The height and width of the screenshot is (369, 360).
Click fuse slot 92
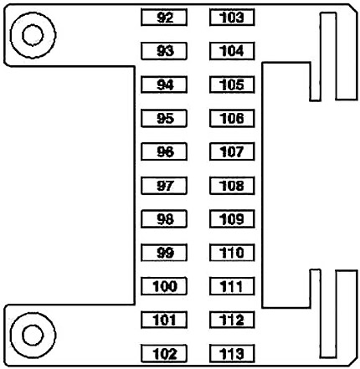coord(164,18)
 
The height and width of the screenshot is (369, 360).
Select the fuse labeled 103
coord(232,18)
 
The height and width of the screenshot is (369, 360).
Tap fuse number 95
coord(164,118)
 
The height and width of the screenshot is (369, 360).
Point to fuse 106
coord(232,118)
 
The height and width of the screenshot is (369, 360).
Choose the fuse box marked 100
coord(164,286)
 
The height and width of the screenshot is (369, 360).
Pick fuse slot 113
coord(232,354)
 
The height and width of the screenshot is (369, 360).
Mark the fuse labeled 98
coord(164,219)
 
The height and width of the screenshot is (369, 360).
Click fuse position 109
coord(232,219)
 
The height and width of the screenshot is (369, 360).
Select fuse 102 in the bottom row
coord(164,354)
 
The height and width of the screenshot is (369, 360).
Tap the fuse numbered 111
coord(232,286)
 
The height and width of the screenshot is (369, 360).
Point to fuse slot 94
coord(164,85)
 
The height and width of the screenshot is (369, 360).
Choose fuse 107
coord(232,151)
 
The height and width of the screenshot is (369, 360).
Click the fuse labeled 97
coord(164,186)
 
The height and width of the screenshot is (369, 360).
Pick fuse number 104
coord(232,51)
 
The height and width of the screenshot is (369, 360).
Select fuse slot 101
coord(164,320)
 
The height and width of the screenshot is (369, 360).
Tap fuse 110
coord(232,253)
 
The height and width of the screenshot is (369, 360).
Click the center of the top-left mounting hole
coord(33,35)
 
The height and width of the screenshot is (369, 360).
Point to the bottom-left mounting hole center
coord(33,336)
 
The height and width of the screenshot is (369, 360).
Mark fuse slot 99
coord(164,253)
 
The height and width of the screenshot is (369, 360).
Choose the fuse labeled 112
coord(232,320)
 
